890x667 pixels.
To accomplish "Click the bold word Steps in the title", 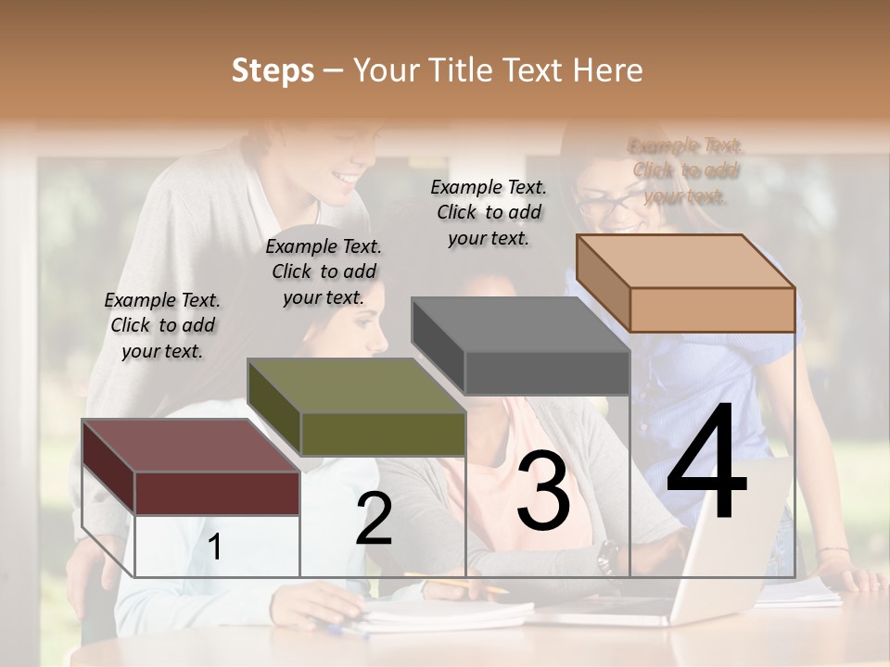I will pos(273,70).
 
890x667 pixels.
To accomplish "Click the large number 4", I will pos(707,463).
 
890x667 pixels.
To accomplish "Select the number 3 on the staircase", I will pos(543,491).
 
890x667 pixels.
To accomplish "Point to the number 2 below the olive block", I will pos(374,519).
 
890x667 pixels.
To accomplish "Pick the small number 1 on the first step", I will pos(214,547).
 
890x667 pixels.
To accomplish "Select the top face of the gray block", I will pos(520,324).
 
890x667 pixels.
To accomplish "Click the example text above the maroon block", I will pos(162,325).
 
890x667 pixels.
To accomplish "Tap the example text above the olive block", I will pos(324,271).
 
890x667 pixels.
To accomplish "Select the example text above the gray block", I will pos(489,212).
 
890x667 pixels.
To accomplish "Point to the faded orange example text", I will pos(685,170).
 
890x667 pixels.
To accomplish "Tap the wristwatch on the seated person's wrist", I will pos(607,556).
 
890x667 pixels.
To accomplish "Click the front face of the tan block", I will pos(712,309).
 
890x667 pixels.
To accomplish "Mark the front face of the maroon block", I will pos(217,492).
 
